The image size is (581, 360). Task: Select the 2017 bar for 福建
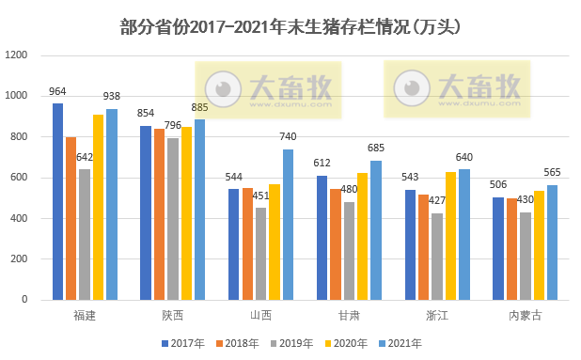click(57, 201)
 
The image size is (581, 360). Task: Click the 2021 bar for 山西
click(288, 225)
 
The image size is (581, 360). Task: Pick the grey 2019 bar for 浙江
click(437, 257)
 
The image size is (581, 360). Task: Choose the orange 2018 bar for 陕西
click(159, 214)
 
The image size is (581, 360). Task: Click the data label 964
click(57, 92)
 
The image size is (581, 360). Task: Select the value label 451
click(260, 196)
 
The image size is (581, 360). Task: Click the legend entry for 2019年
click(290, 342)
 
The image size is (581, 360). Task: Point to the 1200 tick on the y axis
click(18, 55)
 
